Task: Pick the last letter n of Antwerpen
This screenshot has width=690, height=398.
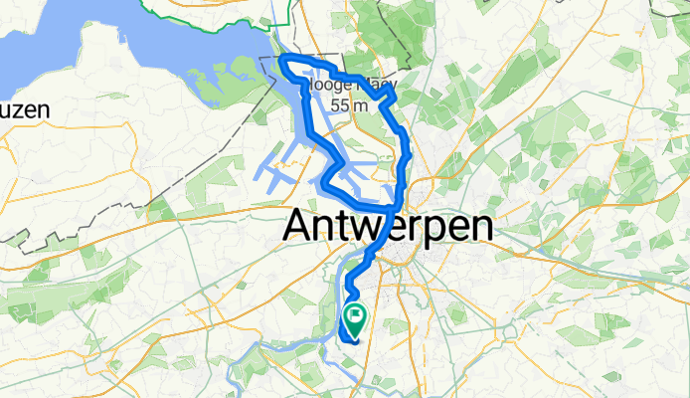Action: tap(480, 226)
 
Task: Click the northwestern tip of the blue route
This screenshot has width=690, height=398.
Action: tap(283, 61)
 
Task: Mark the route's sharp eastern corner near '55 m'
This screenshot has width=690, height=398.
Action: tap(397, 97)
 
